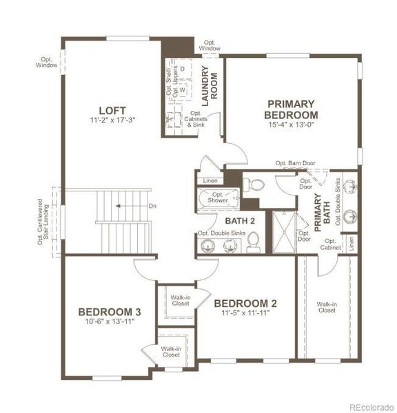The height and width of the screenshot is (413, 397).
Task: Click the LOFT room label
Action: point(112,110)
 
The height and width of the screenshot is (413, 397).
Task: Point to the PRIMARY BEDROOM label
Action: point(292,109)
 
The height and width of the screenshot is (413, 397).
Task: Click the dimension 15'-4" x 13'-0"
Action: point(292,125)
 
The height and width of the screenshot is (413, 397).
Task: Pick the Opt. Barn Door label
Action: point(296,163)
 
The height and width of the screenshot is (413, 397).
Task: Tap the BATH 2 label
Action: point(241,220)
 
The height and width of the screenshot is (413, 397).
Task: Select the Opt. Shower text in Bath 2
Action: point(218,197)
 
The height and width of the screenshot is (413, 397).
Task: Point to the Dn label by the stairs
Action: point(153,205)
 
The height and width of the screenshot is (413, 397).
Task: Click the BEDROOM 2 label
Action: point(245,303)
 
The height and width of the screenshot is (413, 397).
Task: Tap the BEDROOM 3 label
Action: point(110,310)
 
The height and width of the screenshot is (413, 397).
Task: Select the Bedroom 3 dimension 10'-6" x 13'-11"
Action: point(110,321)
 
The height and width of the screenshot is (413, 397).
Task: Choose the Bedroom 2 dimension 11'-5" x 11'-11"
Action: point(245,313)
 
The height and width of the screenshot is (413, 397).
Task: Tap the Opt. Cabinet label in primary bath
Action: point(329,244)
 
